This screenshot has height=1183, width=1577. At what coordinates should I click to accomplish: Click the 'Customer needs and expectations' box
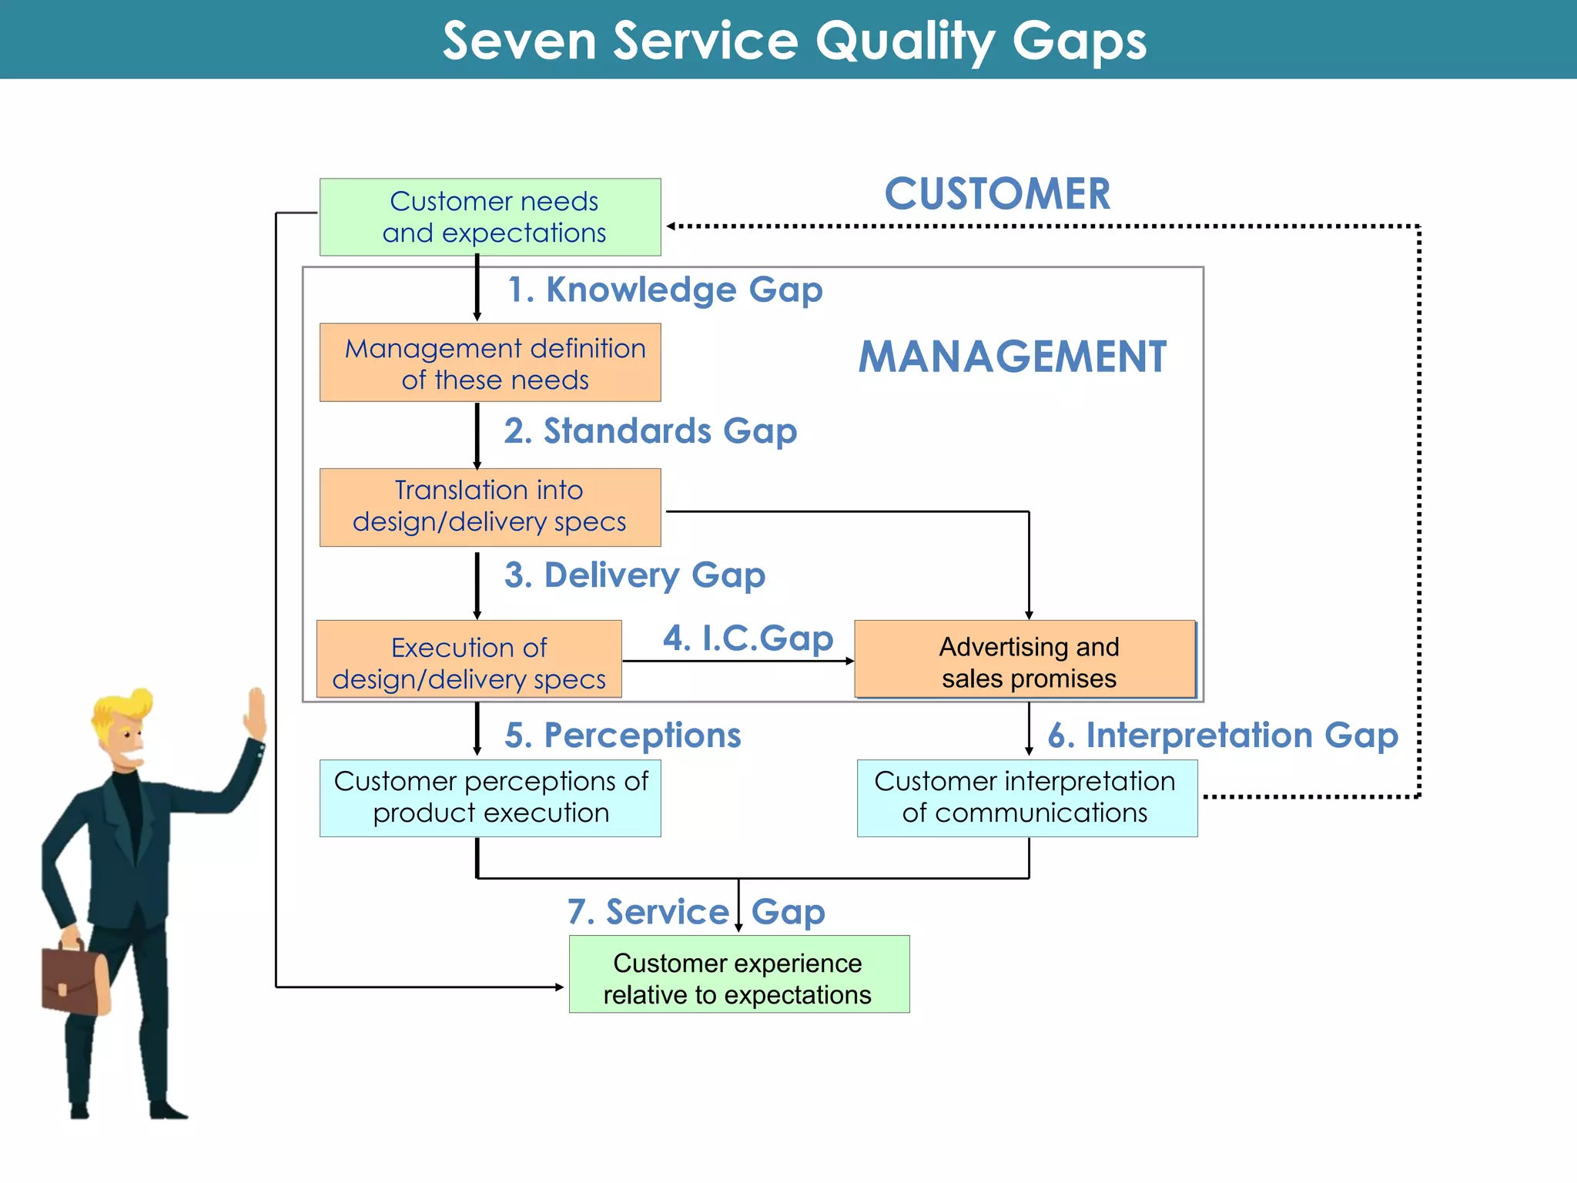(x=491, y=217)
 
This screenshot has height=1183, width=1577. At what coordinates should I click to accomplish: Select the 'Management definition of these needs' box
(x=491, y=363)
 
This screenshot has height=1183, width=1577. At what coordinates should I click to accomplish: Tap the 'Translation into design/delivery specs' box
(x=491, y=507)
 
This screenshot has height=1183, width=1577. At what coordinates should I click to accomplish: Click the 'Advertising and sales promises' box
(x=1026, y=660)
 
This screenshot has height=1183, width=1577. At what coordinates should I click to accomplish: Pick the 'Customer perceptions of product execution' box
(x=491, y=798)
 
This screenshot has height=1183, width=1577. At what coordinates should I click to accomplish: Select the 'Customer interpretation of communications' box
(x=1026, y=798)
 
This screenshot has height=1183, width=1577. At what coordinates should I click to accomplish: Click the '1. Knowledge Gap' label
(x=665, y=290)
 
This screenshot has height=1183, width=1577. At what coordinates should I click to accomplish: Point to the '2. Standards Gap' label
(x=651, y=431)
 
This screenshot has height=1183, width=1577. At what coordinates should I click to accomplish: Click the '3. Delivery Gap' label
(x=634, y=575)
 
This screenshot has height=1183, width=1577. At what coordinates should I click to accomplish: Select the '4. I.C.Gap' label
(x=748, y=638)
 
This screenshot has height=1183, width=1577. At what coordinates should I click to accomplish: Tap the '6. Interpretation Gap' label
(x=1222, y=736)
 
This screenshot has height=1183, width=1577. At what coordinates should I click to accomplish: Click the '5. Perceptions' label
(x=622, y=736)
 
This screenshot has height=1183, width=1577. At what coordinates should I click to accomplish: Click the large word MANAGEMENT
(x=1012, y=357)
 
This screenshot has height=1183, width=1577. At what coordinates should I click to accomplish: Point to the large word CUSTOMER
(x=997, y=194)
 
